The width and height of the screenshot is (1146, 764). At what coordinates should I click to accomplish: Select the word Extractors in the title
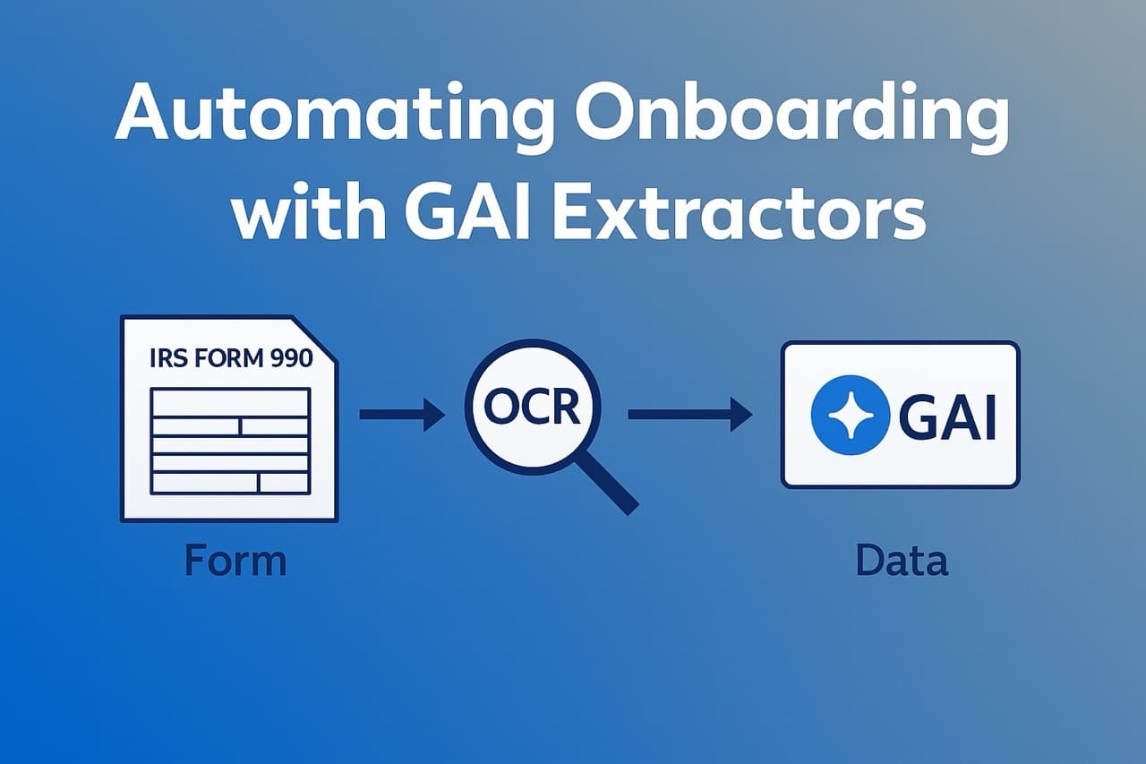click(740, 214)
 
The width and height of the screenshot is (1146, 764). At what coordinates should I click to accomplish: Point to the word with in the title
click(302, 214)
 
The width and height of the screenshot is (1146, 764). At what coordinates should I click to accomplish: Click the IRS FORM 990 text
click(230, 359)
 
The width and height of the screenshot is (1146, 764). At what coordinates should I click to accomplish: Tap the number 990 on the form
click(289, 359)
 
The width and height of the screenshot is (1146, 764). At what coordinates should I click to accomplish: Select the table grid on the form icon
click(230, 441)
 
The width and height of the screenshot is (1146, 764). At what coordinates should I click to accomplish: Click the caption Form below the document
click(235, 562)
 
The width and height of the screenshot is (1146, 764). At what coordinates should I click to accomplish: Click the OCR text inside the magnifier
click(532, 408)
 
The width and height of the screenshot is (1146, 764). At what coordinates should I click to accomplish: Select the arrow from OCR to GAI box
click(689, 414)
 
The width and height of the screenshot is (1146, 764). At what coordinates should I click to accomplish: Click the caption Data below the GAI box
click(901, 562)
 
